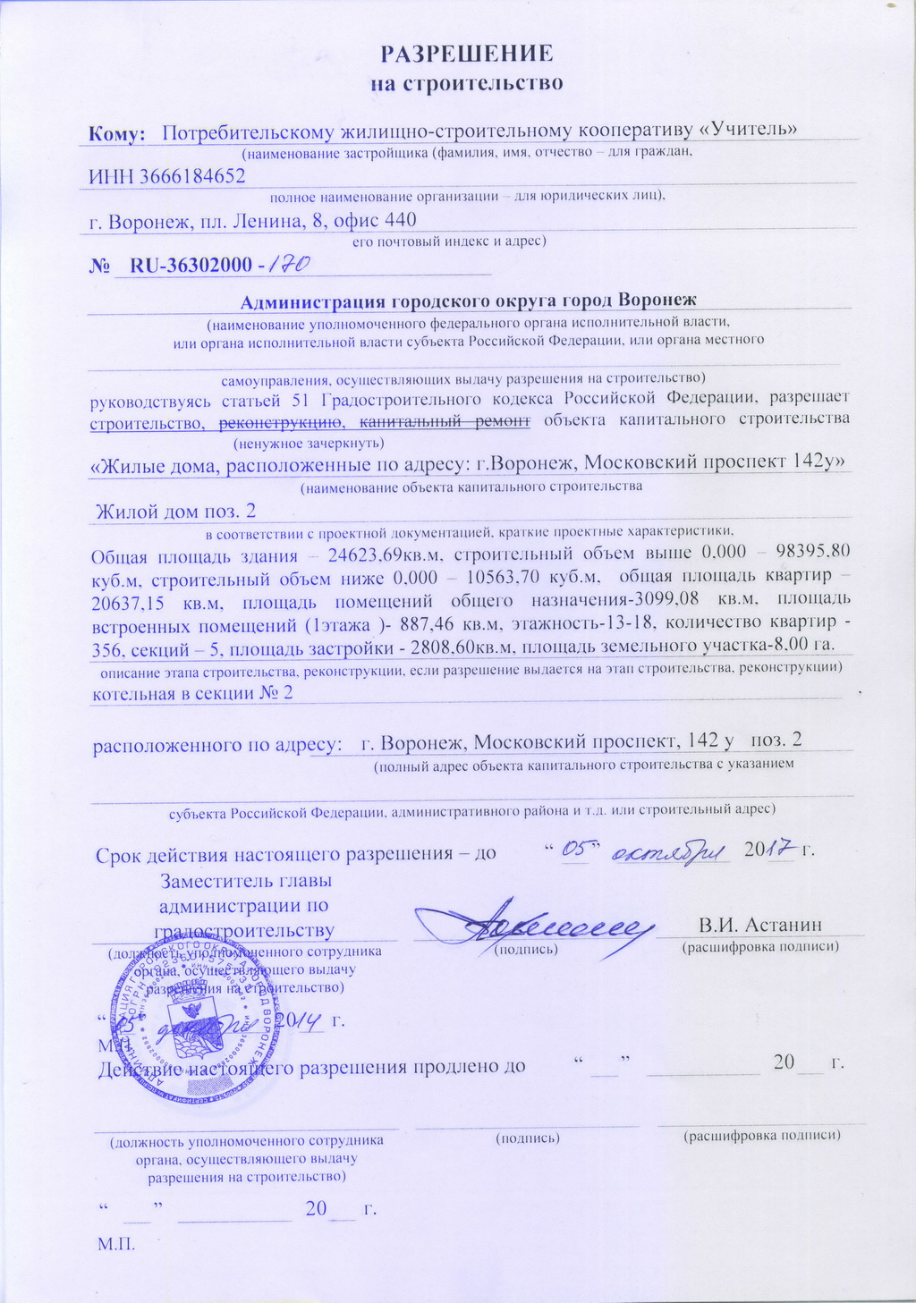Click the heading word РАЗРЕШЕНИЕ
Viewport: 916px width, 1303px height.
coord(467,53)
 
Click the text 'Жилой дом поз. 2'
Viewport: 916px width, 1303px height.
coord(176,512)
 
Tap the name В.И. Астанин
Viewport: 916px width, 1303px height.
coord(760,925)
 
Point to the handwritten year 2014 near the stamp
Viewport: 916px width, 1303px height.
coord(296,1020)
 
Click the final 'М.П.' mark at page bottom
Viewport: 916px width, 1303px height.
coord(114,1244)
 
